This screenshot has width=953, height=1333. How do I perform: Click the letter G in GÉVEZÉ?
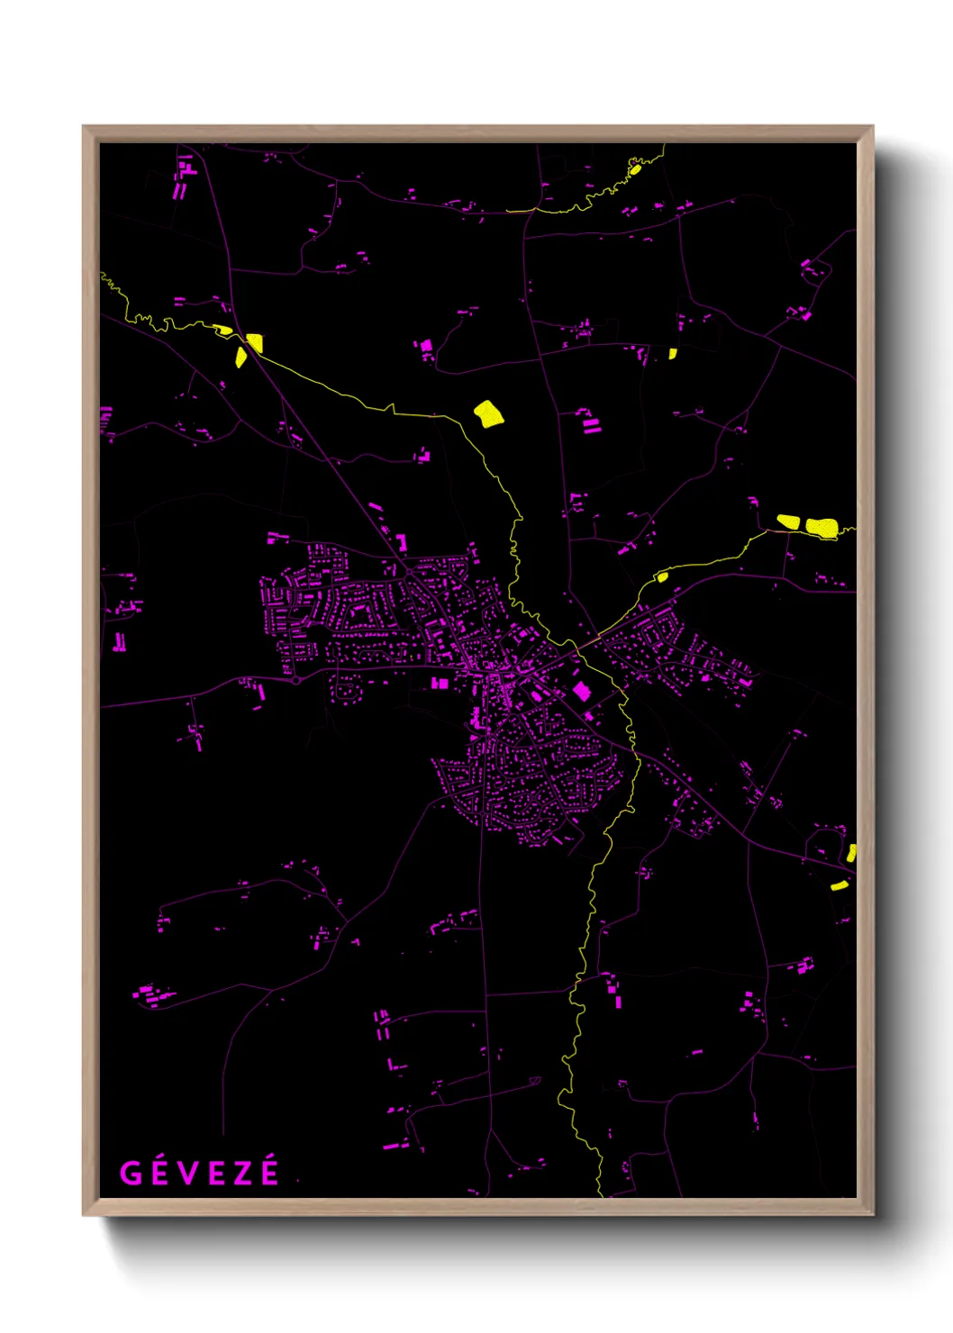(x=131, y=1174)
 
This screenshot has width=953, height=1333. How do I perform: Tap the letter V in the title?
(x=186, y=1174)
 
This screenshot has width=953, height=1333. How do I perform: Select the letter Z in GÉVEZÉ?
(x=241, y=1174)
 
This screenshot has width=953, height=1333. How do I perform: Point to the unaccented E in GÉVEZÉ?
(x=213, y=1174)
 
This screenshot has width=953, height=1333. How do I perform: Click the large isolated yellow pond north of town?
(x=488, y=413)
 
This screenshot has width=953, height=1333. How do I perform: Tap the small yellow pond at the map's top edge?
(x=635, y=168)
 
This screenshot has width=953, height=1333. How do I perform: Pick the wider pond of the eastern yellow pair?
(x=821, y=526)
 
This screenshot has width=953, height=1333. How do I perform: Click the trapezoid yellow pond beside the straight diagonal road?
(x=254, y=342)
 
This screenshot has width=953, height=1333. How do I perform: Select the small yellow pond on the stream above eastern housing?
(x=662, y=576)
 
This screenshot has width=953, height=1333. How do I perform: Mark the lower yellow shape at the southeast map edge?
(x=839, y=885)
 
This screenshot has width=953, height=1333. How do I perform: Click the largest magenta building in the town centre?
(x=582, y=691)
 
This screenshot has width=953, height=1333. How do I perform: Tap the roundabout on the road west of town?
(x=296, y=680)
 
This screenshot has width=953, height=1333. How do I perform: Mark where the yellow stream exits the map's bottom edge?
(x=600, y=1195)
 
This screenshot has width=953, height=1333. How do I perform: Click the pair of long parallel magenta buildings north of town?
(x=590, y=424)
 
